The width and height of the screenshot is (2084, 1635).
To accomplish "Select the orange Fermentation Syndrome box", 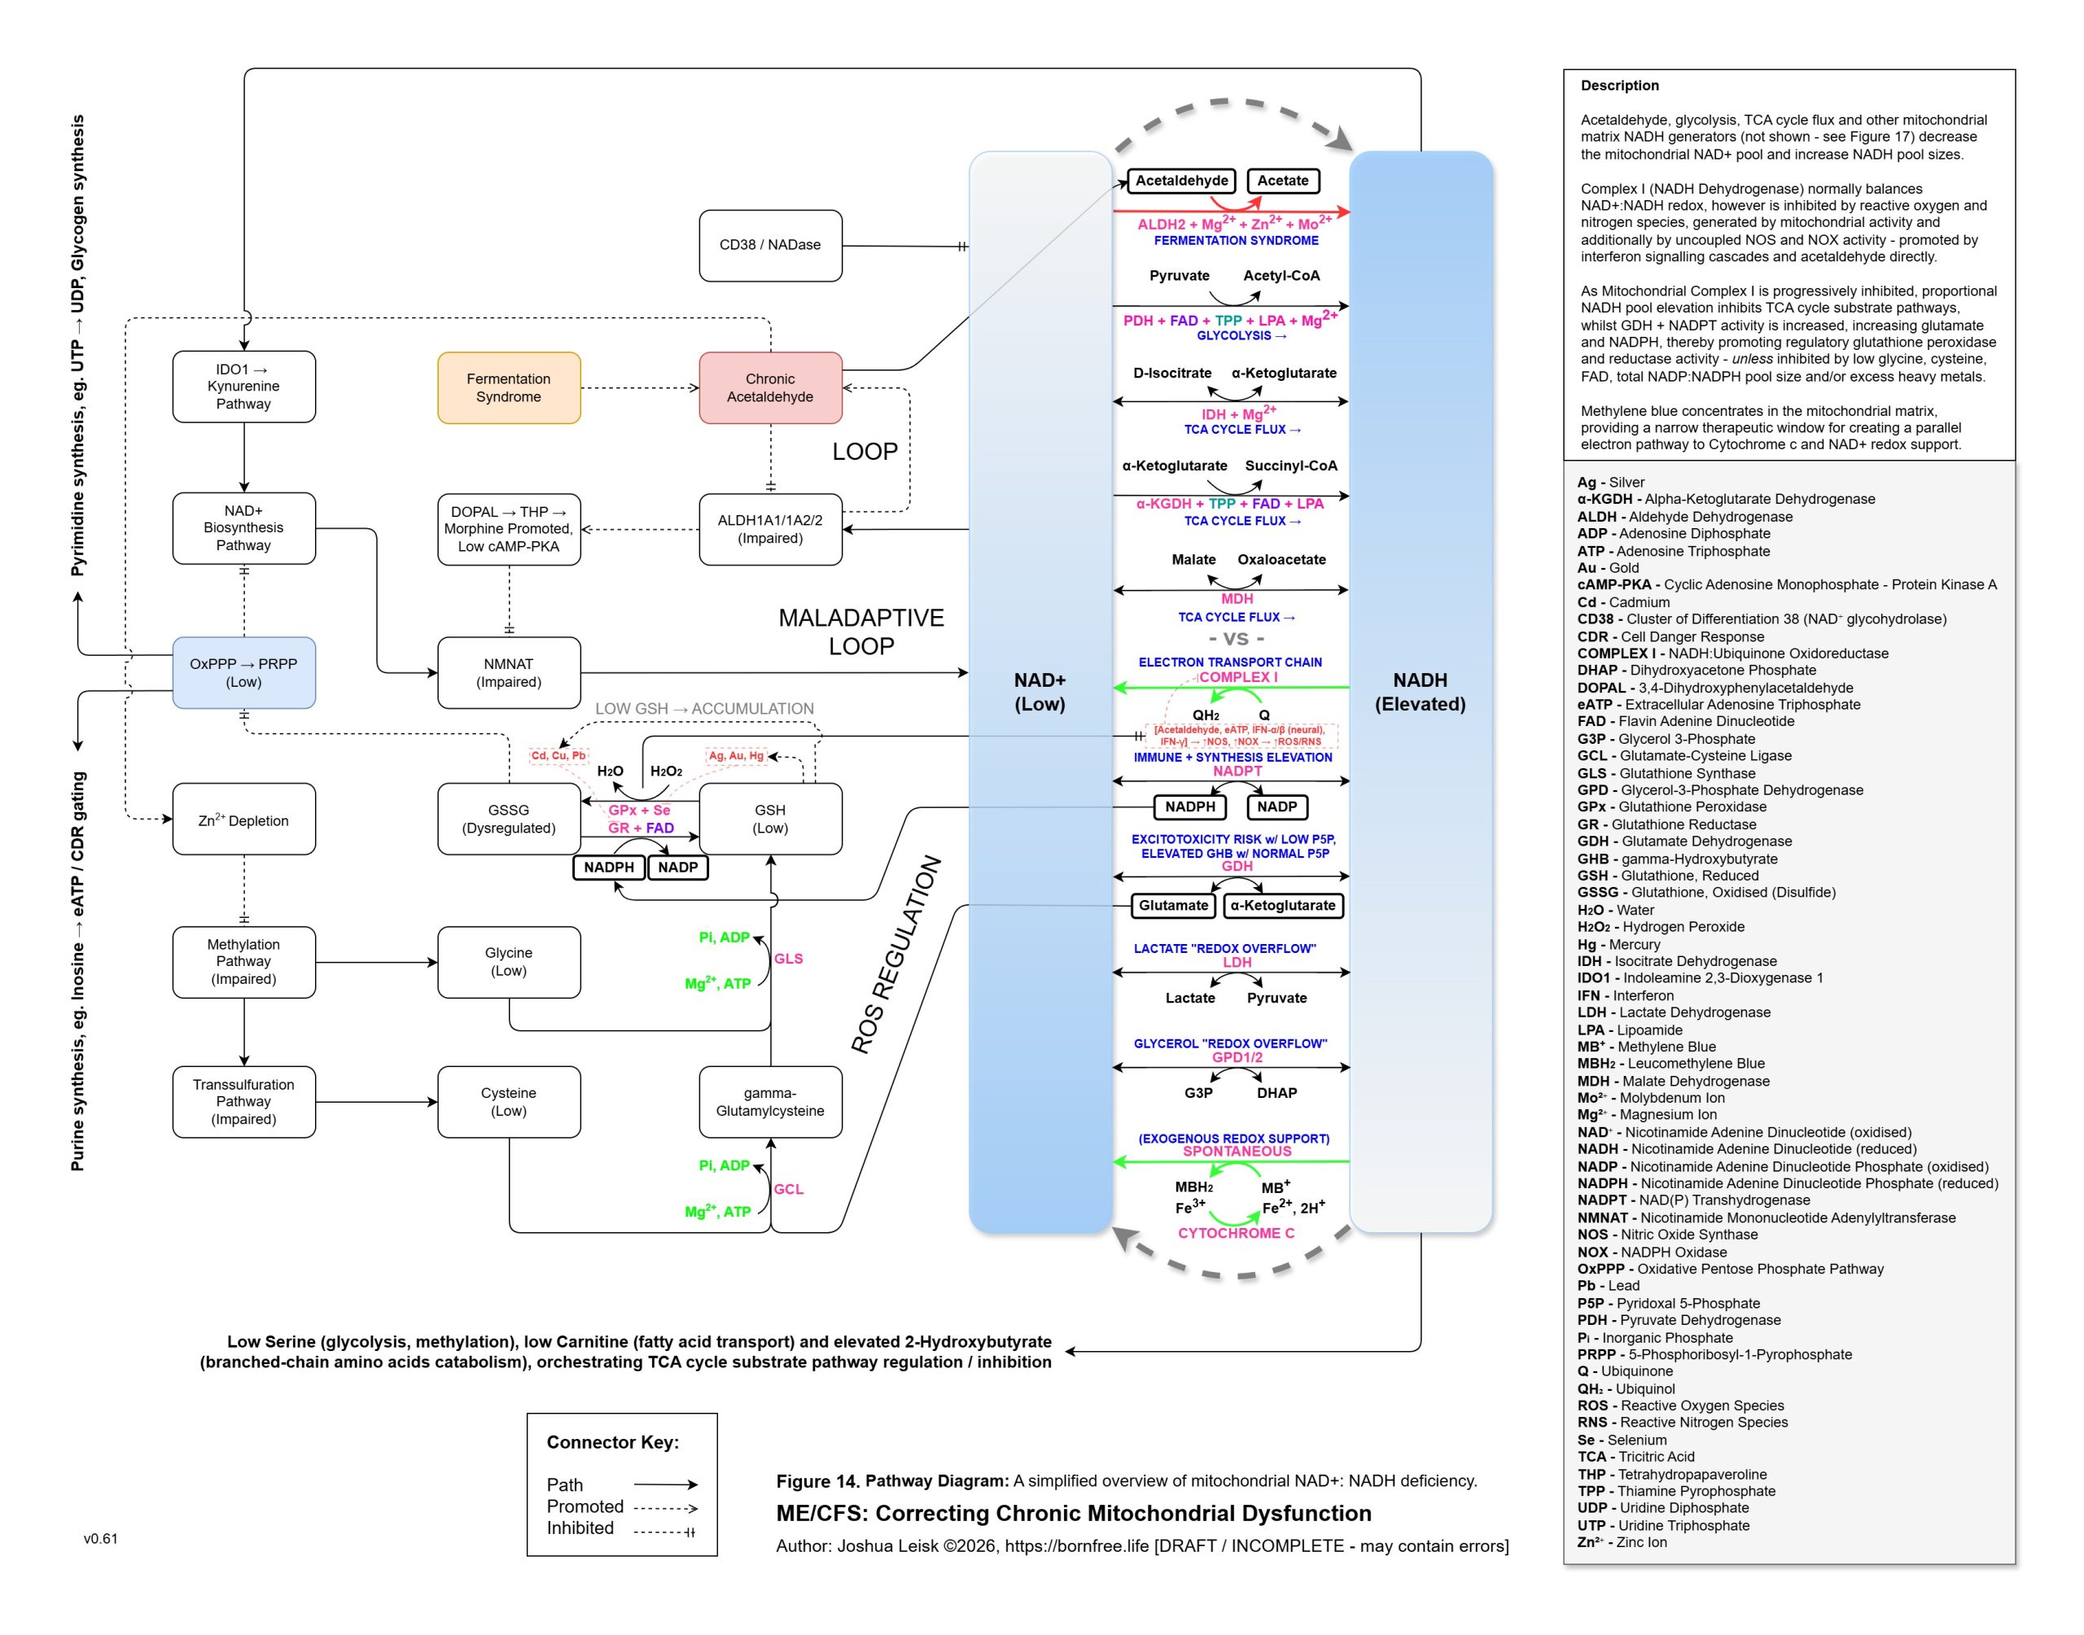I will coord(508,387).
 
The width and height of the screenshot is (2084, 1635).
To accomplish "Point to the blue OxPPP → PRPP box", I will coord(243,673).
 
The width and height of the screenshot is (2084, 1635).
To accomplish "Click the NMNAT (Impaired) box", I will coord(508,673).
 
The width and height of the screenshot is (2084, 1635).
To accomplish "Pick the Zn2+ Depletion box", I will coord(243,820).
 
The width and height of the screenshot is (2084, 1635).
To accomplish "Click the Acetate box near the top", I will coord(1282,181).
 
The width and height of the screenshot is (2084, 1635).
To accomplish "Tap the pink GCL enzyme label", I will coord(788,1189).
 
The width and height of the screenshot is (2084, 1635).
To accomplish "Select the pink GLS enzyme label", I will coord(788,958).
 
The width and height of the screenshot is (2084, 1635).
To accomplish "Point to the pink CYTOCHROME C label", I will coord(1235,1233).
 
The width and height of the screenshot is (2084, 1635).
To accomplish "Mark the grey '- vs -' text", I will coord(1236,639).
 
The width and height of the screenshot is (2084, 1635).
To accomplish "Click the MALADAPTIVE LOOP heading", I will coord(860,632).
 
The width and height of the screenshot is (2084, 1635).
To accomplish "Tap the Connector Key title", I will coord(613,1443).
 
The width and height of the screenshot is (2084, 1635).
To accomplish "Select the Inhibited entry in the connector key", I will coord(580,1528).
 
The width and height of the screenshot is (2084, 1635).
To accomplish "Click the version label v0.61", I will coord(100,1539).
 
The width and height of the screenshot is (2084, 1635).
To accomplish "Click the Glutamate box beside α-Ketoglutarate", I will coord(1173,906).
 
